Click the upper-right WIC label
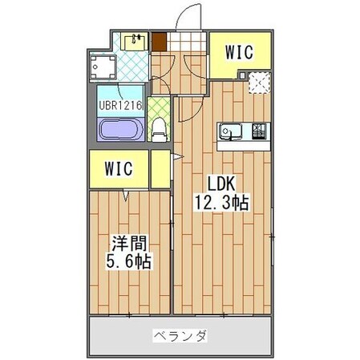click(x=238, y=54)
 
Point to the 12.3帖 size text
click(x=219, y=203)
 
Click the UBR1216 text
click(x=121, y=105)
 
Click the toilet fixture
click(x=160, y=127)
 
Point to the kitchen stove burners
click(x=261, y=130)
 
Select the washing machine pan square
click(x=103, y=67)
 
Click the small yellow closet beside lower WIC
click(x=161, y=168)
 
